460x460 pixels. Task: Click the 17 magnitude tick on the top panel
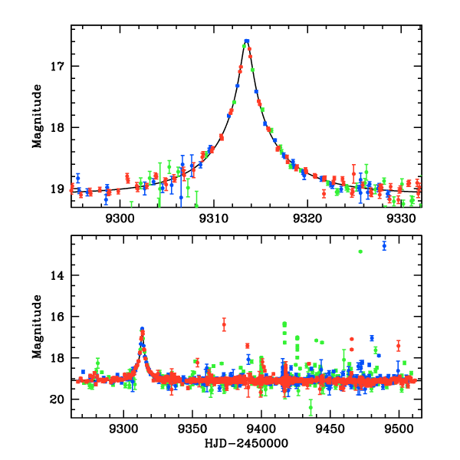60,66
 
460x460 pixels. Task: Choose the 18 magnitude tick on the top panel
60,127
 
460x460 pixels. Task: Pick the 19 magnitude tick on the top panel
60,189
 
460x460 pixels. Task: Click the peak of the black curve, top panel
247,41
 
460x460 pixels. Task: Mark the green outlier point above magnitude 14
360,251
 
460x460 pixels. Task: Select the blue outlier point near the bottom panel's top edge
384,245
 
